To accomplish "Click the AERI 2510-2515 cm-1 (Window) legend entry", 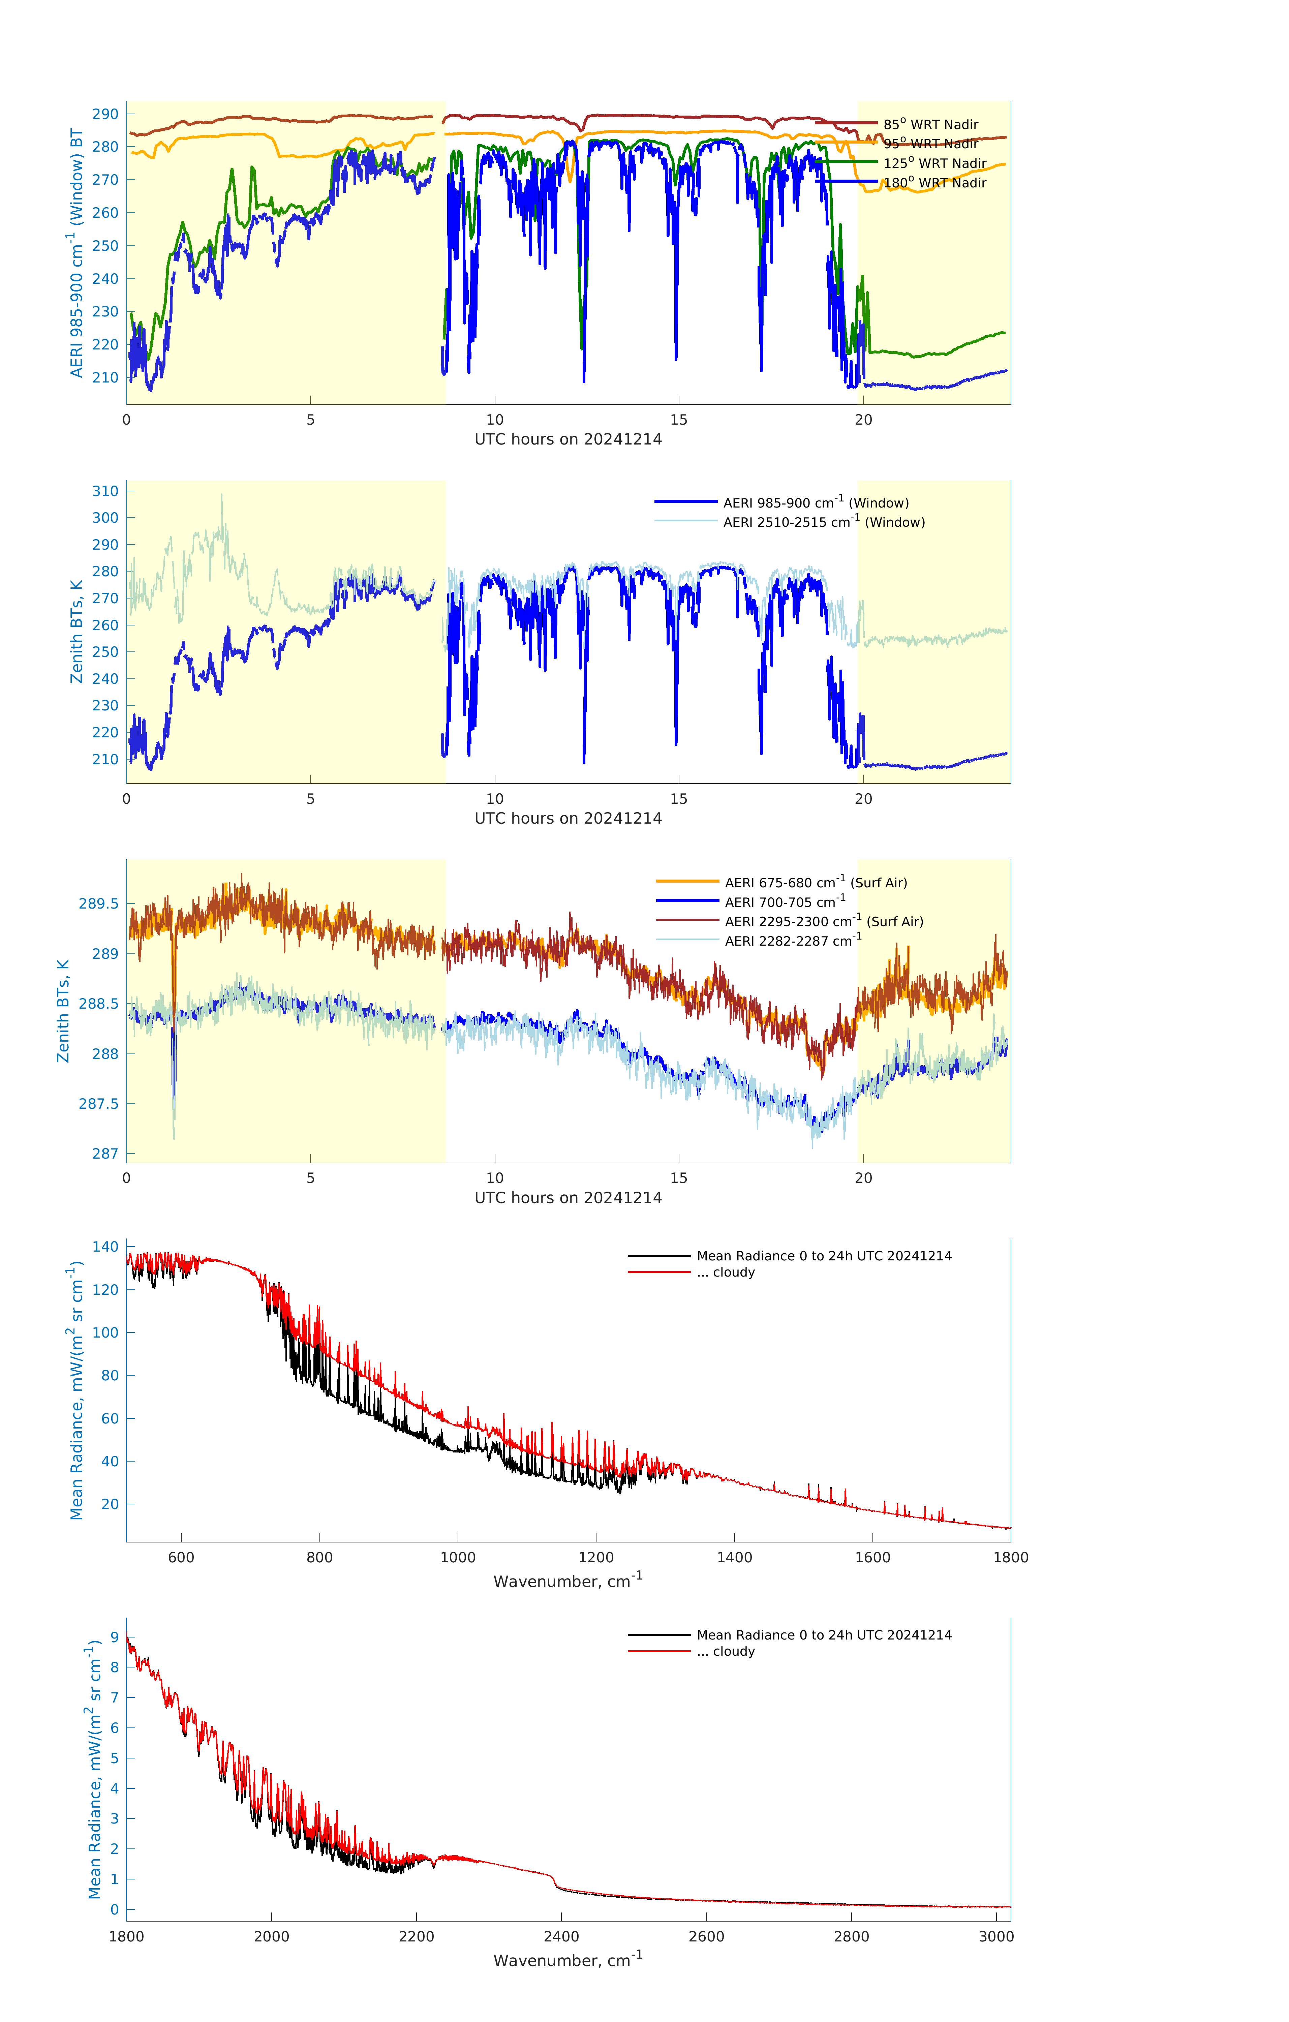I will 824,522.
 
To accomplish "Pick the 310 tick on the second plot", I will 105,491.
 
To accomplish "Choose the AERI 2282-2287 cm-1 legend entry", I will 793,941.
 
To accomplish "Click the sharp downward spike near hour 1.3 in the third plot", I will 174,1117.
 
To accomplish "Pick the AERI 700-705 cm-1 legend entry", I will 784,902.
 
